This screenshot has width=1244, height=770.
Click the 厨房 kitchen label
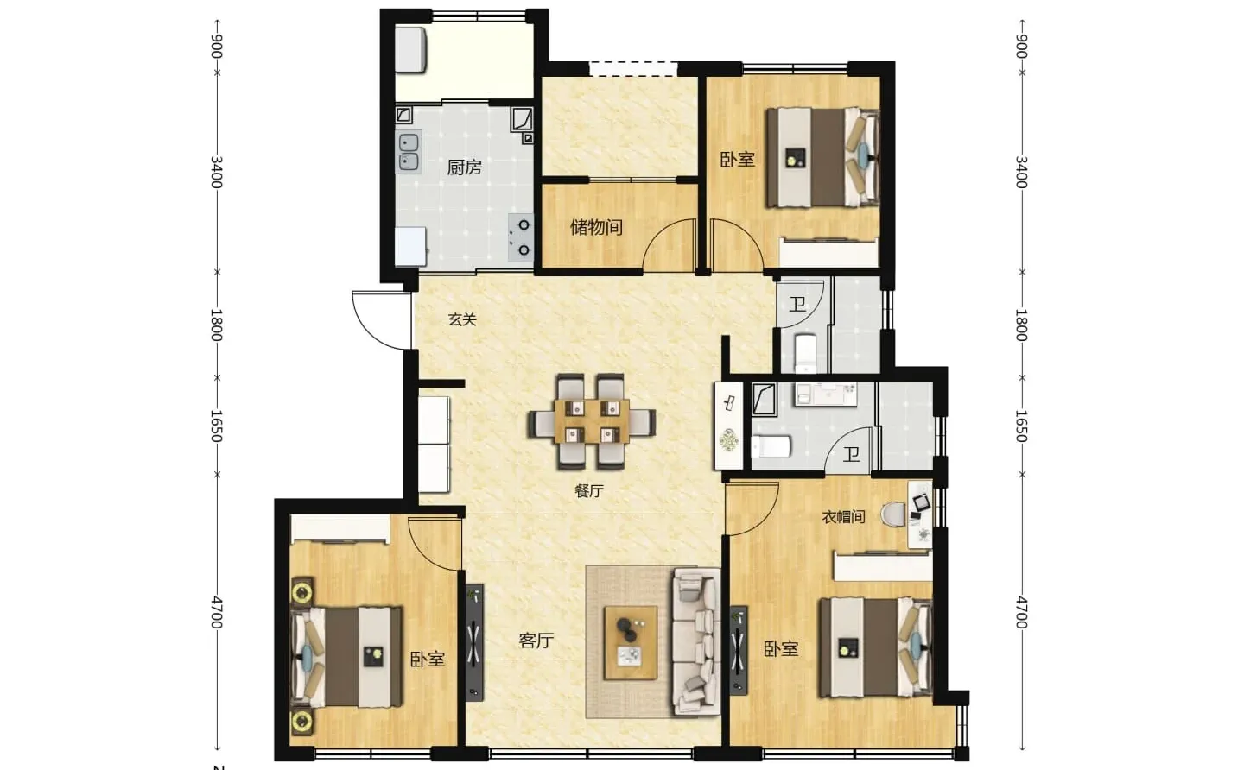[464, 167]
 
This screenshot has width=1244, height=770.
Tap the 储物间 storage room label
[596, 227]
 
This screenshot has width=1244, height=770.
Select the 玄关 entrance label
[462, 319]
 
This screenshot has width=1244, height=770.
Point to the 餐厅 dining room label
[588, 491]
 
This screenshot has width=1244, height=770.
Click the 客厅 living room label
[536, 641]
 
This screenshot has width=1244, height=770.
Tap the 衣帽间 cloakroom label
[843, 517]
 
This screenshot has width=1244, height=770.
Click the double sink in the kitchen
[409, 152]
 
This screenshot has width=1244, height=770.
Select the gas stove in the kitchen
[521, 237]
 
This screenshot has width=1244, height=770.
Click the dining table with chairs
[592, 421]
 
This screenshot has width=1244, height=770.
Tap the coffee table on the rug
[631, 642]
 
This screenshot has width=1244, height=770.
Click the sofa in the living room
[696, 641]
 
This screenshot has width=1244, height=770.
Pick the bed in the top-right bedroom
[822, 158]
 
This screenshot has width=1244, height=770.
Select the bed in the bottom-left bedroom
[346, 657]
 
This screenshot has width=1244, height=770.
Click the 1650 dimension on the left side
[217, 426]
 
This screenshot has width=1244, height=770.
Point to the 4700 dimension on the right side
[1021, 612]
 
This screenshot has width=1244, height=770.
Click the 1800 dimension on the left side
[217, 325]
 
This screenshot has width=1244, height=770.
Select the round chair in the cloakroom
[893, 514]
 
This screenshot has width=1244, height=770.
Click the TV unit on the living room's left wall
[474, 642]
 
